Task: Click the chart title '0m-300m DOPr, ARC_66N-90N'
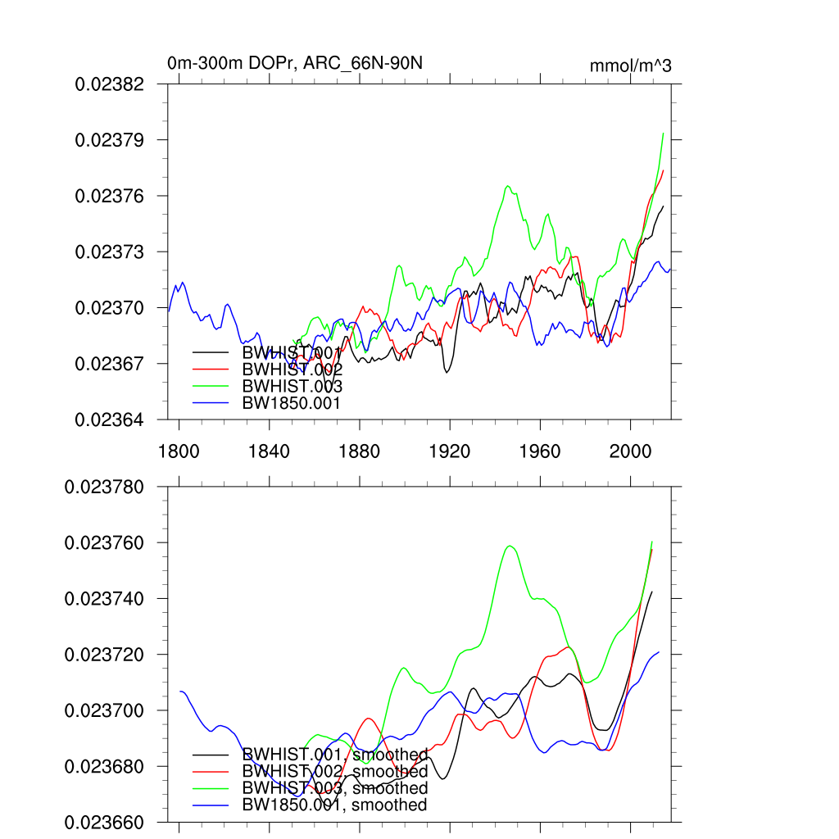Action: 295,63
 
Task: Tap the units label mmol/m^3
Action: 630,66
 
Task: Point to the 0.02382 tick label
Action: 110,84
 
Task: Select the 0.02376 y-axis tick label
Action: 110,196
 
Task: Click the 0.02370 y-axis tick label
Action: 110,307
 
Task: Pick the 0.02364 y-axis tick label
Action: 110,419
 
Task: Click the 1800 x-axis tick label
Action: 179,451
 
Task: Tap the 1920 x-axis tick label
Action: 450,451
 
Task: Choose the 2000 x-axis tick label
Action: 631,451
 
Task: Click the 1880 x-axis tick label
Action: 360,451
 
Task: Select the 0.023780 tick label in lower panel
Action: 104,487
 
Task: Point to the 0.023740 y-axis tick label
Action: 104,599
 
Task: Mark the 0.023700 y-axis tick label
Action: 104,710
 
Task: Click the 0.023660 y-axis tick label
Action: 104,822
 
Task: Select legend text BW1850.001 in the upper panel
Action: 291,403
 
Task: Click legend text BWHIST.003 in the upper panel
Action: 292,387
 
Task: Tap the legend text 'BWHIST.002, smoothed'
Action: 335,772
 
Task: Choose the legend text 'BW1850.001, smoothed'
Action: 334,805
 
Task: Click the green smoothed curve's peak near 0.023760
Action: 510,546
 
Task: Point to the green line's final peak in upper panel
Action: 662,133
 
